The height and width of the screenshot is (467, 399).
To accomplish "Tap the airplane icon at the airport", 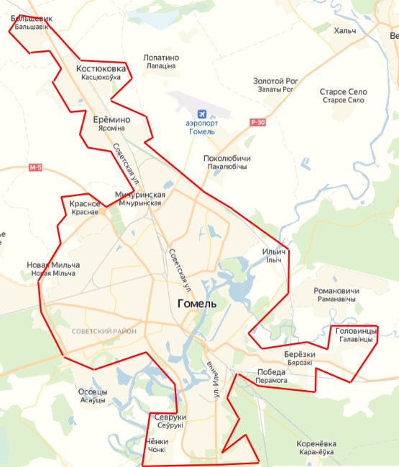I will pos(202,114).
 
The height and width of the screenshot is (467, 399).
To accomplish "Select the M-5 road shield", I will pos(36,168).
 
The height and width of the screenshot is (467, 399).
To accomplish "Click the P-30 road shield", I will pos(258,122).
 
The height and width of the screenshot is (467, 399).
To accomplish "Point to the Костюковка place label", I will pos(101,69).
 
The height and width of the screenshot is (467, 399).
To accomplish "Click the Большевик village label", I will pos(31,19).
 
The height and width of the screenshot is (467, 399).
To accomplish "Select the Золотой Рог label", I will pos(275,81).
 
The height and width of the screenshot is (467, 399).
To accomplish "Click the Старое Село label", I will pos(344,92).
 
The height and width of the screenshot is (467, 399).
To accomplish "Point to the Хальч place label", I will pos(345,31).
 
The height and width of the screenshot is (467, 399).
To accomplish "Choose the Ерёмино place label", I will pos(111,119).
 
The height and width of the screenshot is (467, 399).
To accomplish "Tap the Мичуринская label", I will pos(140,195).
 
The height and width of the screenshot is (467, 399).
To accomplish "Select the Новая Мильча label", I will pos(53,265).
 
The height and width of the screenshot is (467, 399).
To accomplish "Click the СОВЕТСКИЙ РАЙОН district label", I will pos(104,331).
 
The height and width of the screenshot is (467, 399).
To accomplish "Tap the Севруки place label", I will pos(170,417).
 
